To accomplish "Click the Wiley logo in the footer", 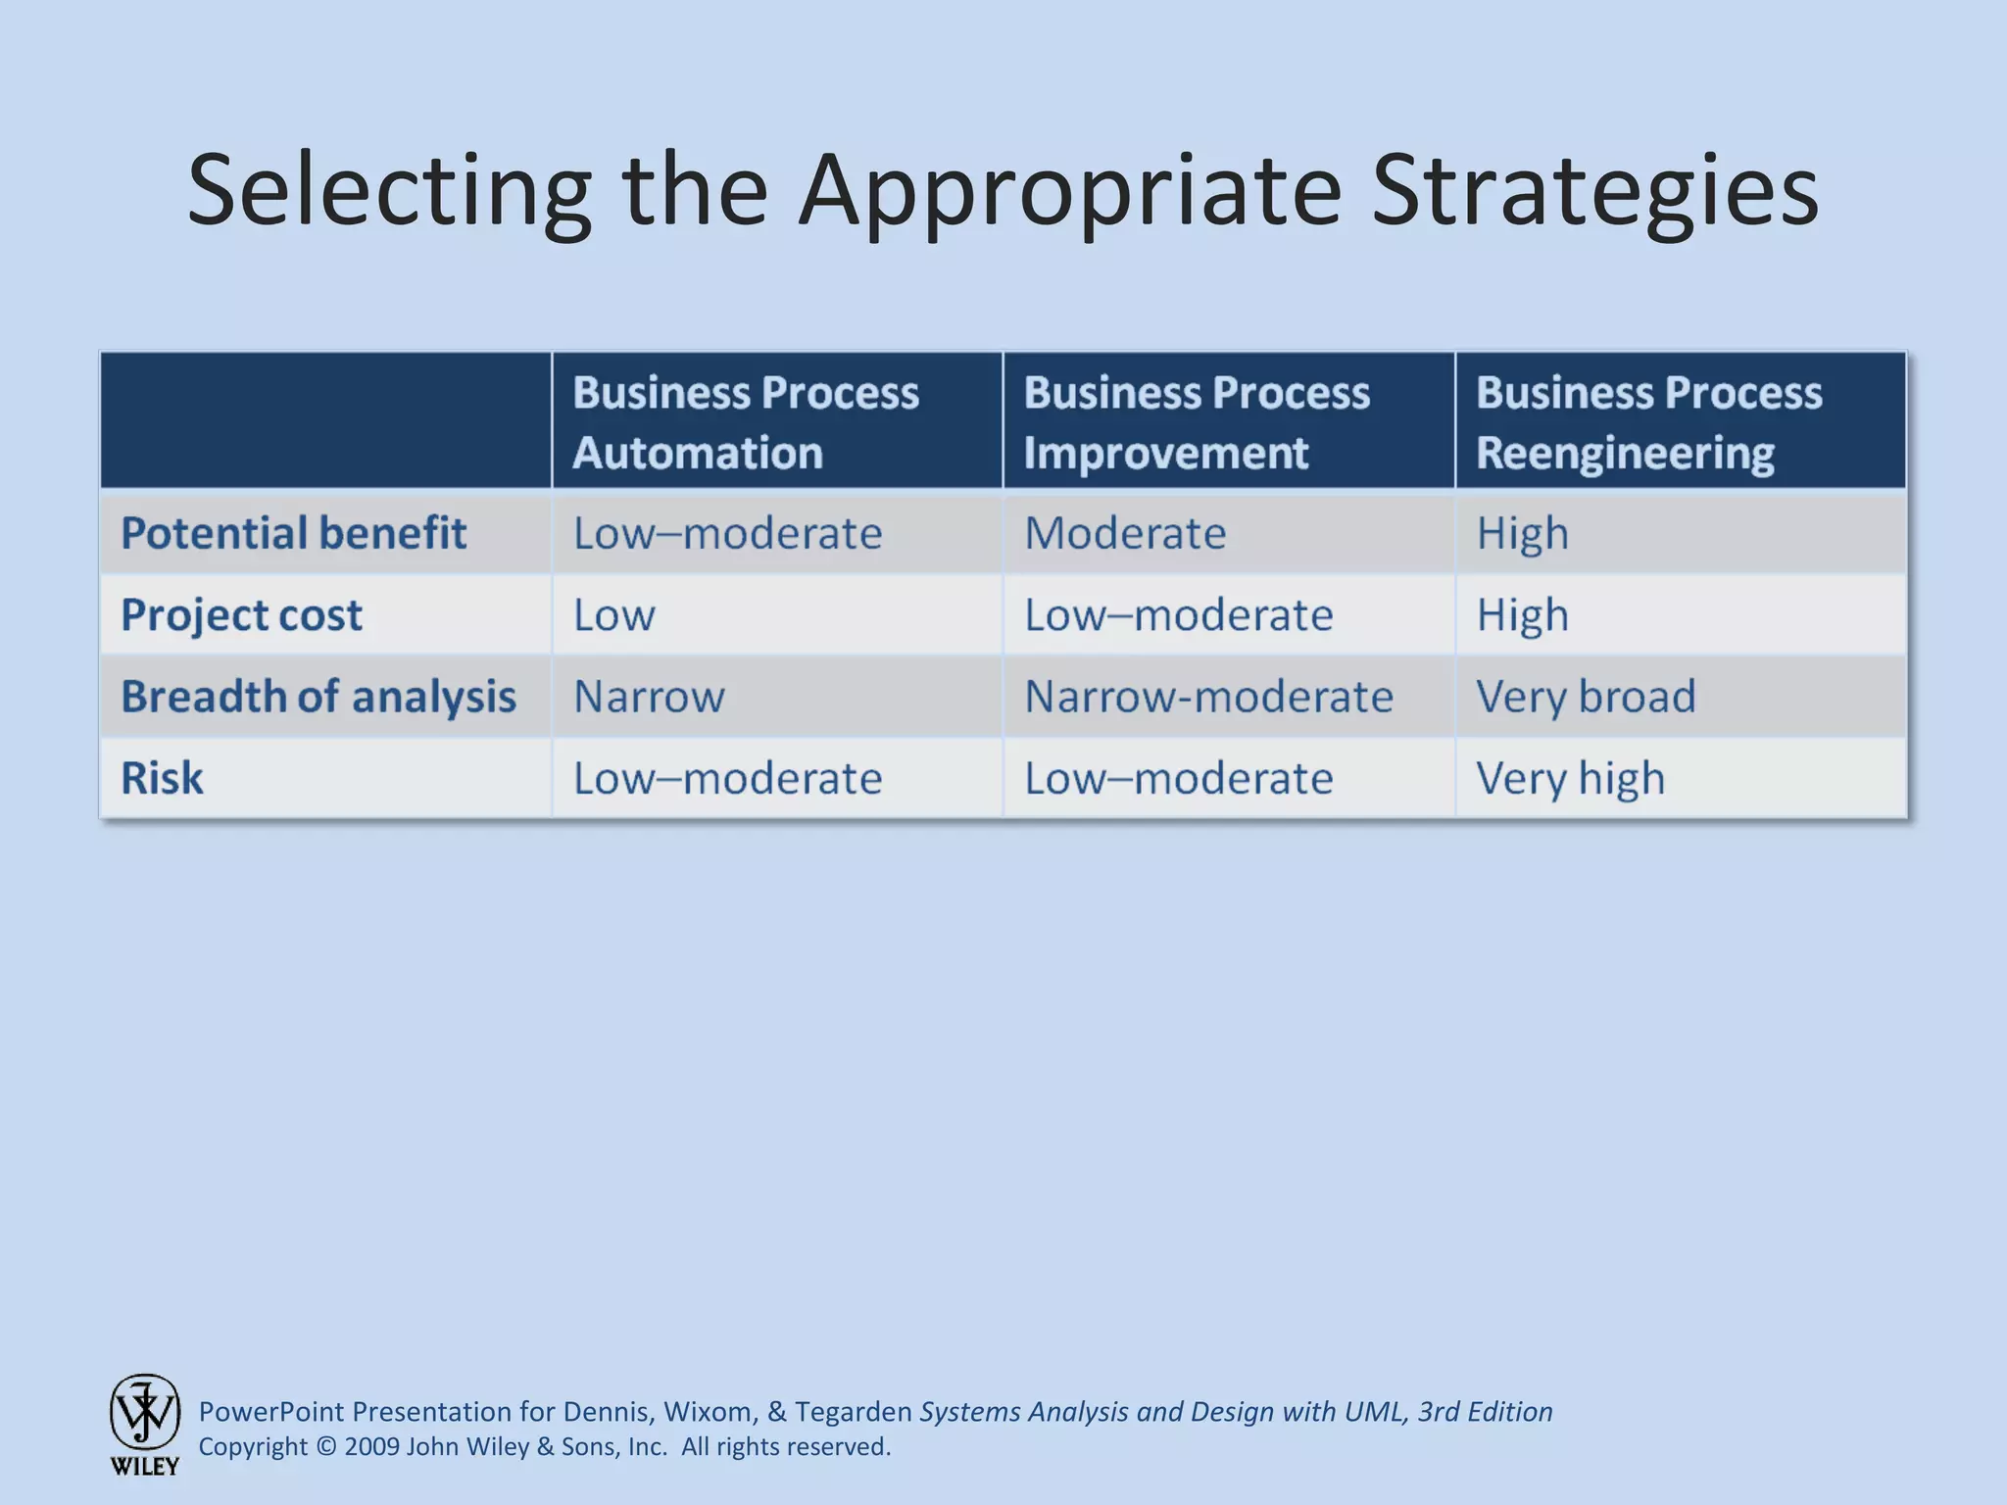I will [x=144, y=1423].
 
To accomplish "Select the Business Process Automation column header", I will [x=746, y=422].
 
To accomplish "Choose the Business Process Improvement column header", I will [x=1197, y=422].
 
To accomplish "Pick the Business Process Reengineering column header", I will [x=1649, y=422].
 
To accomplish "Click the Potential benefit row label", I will [x=293, y=533].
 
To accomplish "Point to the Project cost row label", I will [x=241, y=615].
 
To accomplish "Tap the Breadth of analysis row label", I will [x=318, y=697].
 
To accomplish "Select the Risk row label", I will [x=162, y=778].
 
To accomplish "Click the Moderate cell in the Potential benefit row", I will [x=1125, y=533].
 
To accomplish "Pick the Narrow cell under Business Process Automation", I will [x=649, y=697].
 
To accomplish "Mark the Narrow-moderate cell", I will [x=1208, y=697].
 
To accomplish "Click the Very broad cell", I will [x=1586, y=697].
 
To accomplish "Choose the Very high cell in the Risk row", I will [x=1570, y=778].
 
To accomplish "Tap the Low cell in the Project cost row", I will [x=614, y=615].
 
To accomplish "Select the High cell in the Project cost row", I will [x=1522, y=615].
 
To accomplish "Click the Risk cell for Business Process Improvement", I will [x=1179, y=778].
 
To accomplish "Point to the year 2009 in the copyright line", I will [x=371, y=1447].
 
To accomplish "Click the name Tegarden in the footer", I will [x=853, y=1412].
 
